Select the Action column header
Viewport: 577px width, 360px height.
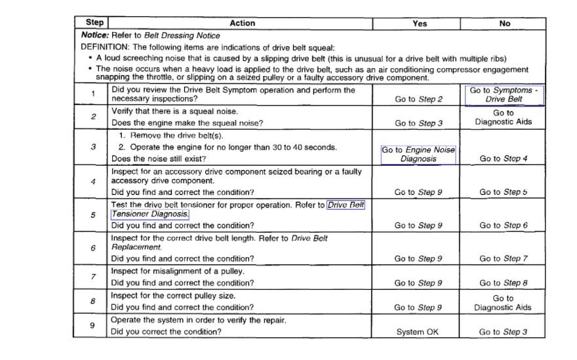click(x=242, y=23)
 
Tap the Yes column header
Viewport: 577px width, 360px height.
click(x=420, y=23)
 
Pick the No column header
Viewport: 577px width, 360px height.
click(x=504, y=23)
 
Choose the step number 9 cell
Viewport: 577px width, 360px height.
click(x=92, y=325)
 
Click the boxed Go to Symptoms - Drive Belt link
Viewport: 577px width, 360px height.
click(x=504, y=95)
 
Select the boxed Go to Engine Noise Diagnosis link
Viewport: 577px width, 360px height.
click(x=418, y=154)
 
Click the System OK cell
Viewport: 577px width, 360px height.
click(x=418, y=332)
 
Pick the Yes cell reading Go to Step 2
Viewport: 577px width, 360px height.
click(x=418, y=100)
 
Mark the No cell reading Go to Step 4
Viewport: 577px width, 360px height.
click(x=504, y=159)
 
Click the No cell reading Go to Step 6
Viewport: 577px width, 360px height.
click(x=504, y=226)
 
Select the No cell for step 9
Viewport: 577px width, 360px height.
click(x=504, y=332)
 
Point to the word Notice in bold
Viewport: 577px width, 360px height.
click(x=94, y=35)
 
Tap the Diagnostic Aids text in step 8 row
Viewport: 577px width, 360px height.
click(x=503, y=308)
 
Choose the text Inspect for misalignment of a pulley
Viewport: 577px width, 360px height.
click(x=178, y=271)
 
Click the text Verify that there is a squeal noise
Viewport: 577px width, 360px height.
click(x=174, y=111)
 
